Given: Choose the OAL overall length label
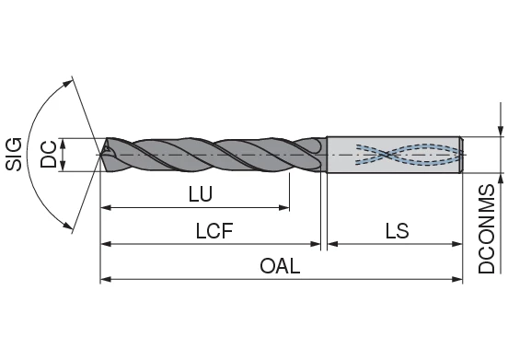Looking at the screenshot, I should click(x=280, y=266).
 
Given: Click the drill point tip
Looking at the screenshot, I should click(x=102, y=154).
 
